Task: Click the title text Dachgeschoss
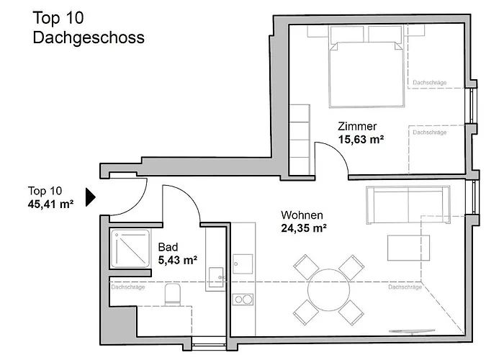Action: tap(89, 37)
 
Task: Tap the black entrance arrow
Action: tap(91, 197)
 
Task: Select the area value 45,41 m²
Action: tap(51, 204)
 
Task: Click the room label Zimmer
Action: tap(357, 126)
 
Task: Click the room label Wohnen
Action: tap(302, 215)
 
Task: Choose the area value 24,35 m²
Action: tap(304, 229)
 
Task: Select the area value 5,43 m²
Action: tap(177, 260)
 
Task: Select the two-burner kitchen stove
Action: tap(243, 299)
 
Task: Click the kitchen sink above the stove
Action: tap(243, 264)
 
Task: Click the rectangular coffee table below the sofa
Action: tap(408, 248)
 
